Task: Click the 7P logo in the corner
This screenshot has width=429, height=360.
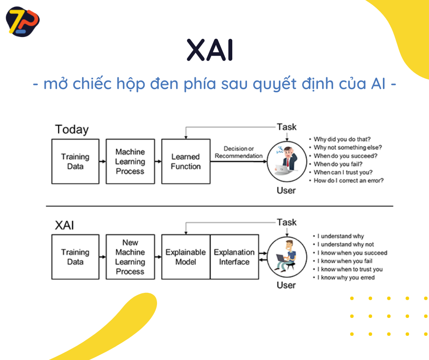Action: pyautogui.click(x=22, y=22)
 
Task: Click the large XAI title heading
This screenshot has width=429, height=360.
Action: pyautogui.click(x=210, y=50)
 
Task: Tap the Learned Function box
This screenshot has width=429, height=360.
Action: pyautogui.click(x=186, y=161)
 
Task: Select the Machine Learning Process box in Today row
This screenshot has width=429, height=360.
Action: pyautogui.click(x=130, y=161)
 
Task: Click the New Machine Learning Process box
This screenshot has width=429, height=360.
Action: pyautogui.click(x=130, y=257)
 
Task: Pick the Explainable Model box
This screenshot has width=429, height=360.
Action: pyautogui.click(x=186, y=257)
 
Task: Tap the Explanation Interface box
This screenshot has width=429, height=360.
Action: pyautogui.click(x=234, y=257)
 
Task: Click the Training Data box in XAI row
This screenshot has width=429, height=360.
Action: pyautogui.click(x=75, y=257)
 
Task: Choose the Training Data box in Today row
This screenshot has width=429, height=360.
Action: pyautogui.click(x=75, y=161)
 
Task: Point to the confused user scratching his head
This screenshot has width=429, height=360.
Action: pyautogui.click(x=286, y=160)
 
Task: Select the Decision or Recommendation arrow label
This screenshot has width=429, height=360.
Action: pyautogui.click(x=239, y=152)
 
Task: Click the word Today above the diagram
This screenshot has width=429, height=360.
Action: pyautogui.click(x=72, y=129)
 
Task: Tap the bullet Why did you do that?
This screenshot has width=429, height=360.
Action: pyautogui.click(x=342, y=139)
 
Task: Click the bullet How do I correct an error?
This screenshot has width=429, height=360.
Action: pyautogui.click(x=348, y=180)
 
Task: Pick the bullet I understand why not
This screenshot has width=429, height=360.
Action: pyautogui.click(x=345, y=244)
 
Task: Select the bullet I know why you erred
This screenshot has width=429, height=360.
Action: pyautogui.click(x=346, y=277)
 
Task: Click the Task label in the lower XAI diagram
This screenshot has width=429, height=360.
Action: pyautogui.click(x=287, y=222)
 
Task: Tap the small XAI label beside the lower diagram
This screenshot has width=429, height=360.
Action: pyautogui.click(x=64, y=225)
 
